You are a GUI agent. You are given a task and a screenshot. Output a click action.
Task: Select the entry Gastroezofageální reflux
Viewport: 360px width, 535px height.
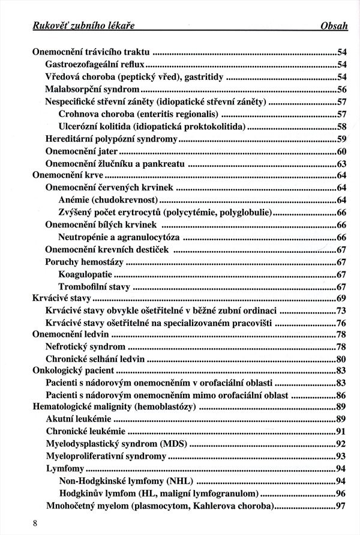(95, 64)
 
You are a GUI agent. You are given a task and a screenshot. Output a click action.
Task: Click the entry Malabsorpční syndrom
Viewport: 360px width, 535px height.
(88, 89)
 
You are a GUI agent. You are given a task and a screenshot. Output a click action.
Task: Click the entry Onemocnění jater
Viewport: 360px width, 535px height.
(82, 151)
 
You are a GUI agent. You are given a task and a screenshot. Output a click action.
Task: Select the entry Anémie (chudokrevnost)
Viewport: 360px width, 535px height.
(110, 201)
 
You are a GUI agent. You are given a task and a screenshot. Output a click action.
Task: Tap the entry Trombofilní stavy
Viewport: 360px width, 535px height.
(90, 287)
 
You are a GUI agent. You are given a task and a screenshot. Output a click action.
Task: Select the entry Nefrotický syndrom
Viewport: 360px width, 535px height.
(85, 347)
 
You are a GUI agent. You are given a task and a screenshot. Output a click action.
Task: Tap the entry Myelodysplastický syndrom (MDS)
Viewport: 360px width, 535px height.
(116, 444)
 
